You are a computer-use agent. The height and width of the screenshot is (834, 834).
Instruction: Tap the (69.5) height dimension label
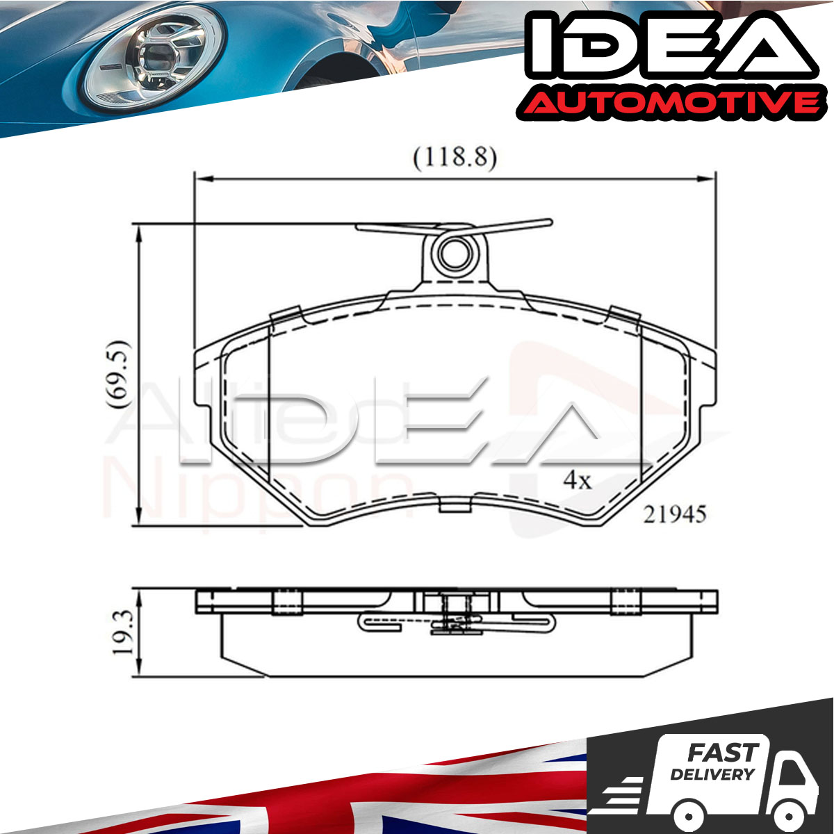click(x=117, y=375)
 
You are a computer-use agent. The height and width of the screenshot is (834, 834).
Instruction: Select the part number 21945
click(x=674, y=514)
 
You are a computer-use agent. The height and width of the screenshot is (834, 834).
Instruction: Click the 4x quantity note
click(x=578, y=480)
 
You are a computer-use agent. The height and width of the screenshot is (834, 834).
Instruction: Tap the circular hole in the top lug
click(x=455, y=254)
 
